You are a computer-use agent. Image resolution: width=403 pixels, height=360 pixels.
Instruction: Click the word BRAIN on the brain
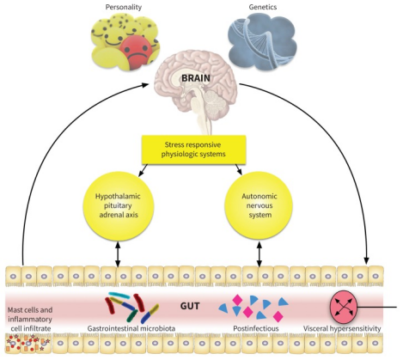click(196, 78)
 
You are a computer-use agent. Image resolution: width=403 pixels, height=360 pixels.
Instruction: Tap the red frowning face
click(136, 52)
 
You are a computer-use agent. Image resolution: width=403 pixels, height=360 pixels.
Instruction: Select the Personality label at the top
click(124, 7)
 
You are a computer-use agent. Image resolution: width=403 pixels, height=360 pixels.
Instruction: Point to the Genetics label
click(263, 7)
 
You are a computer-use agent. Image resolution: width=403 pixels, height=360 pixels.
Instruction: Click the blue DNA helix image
click(262, 41)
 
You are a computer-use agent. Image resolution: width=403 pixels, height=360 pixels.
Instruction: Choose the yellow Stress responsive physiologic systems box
click(193, 149)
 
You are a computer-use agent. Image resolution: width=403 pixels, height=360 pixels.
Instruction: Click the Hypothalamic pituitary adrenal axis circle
click(119, 205)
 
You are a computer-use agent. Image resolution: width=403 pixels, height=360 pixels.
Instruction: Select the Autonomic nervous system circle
click(260, 205)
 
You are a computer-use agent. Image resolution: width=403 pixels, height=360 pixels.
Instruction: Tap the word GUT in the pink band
click(190, 306)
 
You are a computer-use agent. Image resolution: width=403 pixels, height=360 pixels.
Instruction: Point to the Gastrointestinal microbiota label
click(131, 328)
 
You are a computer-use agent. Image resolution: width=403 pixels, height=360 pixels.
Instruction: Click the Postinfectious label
click(256, 328)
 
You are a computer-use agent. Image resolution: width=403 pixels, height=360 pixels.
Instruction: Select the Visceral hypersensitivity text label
click(342, 328)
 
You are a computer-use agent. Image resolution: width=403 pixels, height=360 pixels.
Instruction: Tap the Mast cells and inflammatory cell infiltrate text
click(30, 319)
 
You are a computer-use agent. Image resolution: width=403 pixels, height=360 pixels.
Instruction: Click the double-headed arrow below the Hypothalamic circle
click(118, 253)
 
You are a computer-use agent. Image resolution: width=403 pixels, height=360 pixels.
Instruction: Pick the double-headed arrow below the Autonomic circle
click(260, 253)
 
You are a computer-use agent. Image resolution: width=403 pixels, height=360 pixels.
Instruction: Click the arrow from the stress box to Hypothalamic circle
click(143, 170)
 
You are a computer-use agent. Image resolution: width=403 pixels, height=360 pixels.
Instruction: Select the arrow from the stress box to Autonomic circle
click(239, 169)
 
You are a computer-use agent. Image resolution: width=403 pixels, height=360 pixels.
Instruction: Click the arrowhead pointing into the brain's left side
click(145, 84)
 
